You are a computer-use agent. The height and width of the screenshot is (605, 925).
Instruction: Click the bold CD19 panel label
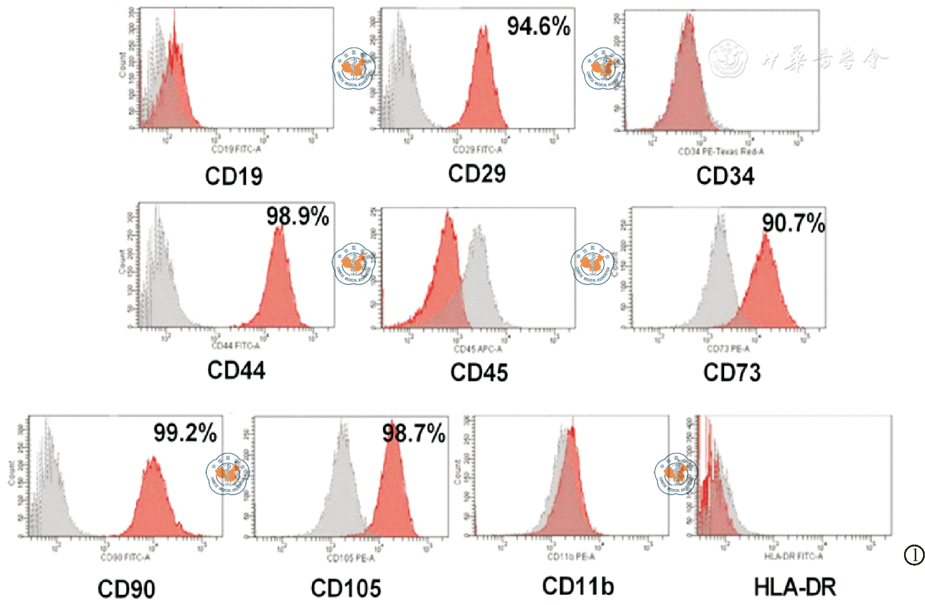pyautogui.click(x=233, y=176)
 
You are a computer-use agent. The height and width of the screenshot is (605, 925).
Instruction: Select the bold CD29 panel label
pyautogui.click(x=477, y=174)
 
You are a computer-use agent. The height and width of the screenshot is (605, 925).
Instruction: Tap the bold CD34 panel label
pyautogui.click(x=725, y=176)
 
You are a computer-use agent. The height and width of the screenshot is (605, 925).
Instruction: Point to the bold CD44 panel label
pyautogui.click(x=236, y=370)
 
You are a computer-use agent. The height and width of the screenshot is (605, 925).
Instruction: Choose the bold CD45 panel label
pyautogui.click(x=479, y=373)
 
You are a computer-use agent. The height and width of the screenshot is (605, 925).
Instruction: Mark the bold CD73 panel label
pyautogui.click(x=732, y=373)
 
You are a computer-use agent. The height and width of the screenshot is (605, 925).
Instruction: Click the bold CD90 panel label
pyautogui.click(x=126, y=589)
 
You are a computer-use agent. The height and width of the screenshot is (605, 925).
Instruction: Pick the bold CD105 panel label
pyautogui.click(x=346, y=589)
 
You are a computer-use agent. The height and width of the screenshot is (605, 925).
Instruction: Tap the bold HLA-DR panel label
pyautogui.click(x=794, y=587)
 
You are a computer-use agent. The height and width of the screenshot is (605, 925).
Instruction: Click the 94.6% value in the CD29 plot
pyautogui.click(x=538, y=27)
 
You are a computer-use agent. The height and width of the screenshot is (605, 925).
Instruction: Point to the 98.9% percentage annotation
pyautogui.click(x=297, y=217)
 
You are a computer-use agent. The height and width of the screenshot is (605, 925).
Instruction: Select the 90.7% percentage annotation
pyautogui.click(x=793, y=223)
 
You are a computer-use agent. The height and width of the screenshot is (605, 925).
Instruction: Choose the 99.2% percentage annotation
pyautogui.click(x=185, y=433)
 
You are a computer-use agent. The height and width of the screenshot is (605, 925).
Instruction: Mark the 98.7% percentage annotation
pyautogui.click(x=413, y=434)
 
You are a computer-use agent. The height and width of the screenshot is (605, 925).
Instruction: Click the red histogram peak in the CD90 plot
pyautogui.click(x=153, y=460)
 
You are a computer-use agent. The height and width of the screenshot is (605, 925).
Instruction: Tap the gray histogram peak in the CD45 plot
pyautogui.click(x=479, y=230)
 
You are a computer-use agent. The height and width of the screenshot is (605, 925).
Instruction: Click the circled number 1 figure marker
pyautogui.click(x=914, y=556)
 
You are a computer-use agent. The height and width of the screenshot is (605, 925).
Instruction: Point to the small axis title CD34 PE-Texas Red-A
pyautogui.click(x=721, y=152)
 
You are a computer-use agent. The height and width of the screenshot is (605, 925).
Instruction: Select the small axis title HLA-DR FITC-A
pyautogui.click(x=793, y=556)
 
